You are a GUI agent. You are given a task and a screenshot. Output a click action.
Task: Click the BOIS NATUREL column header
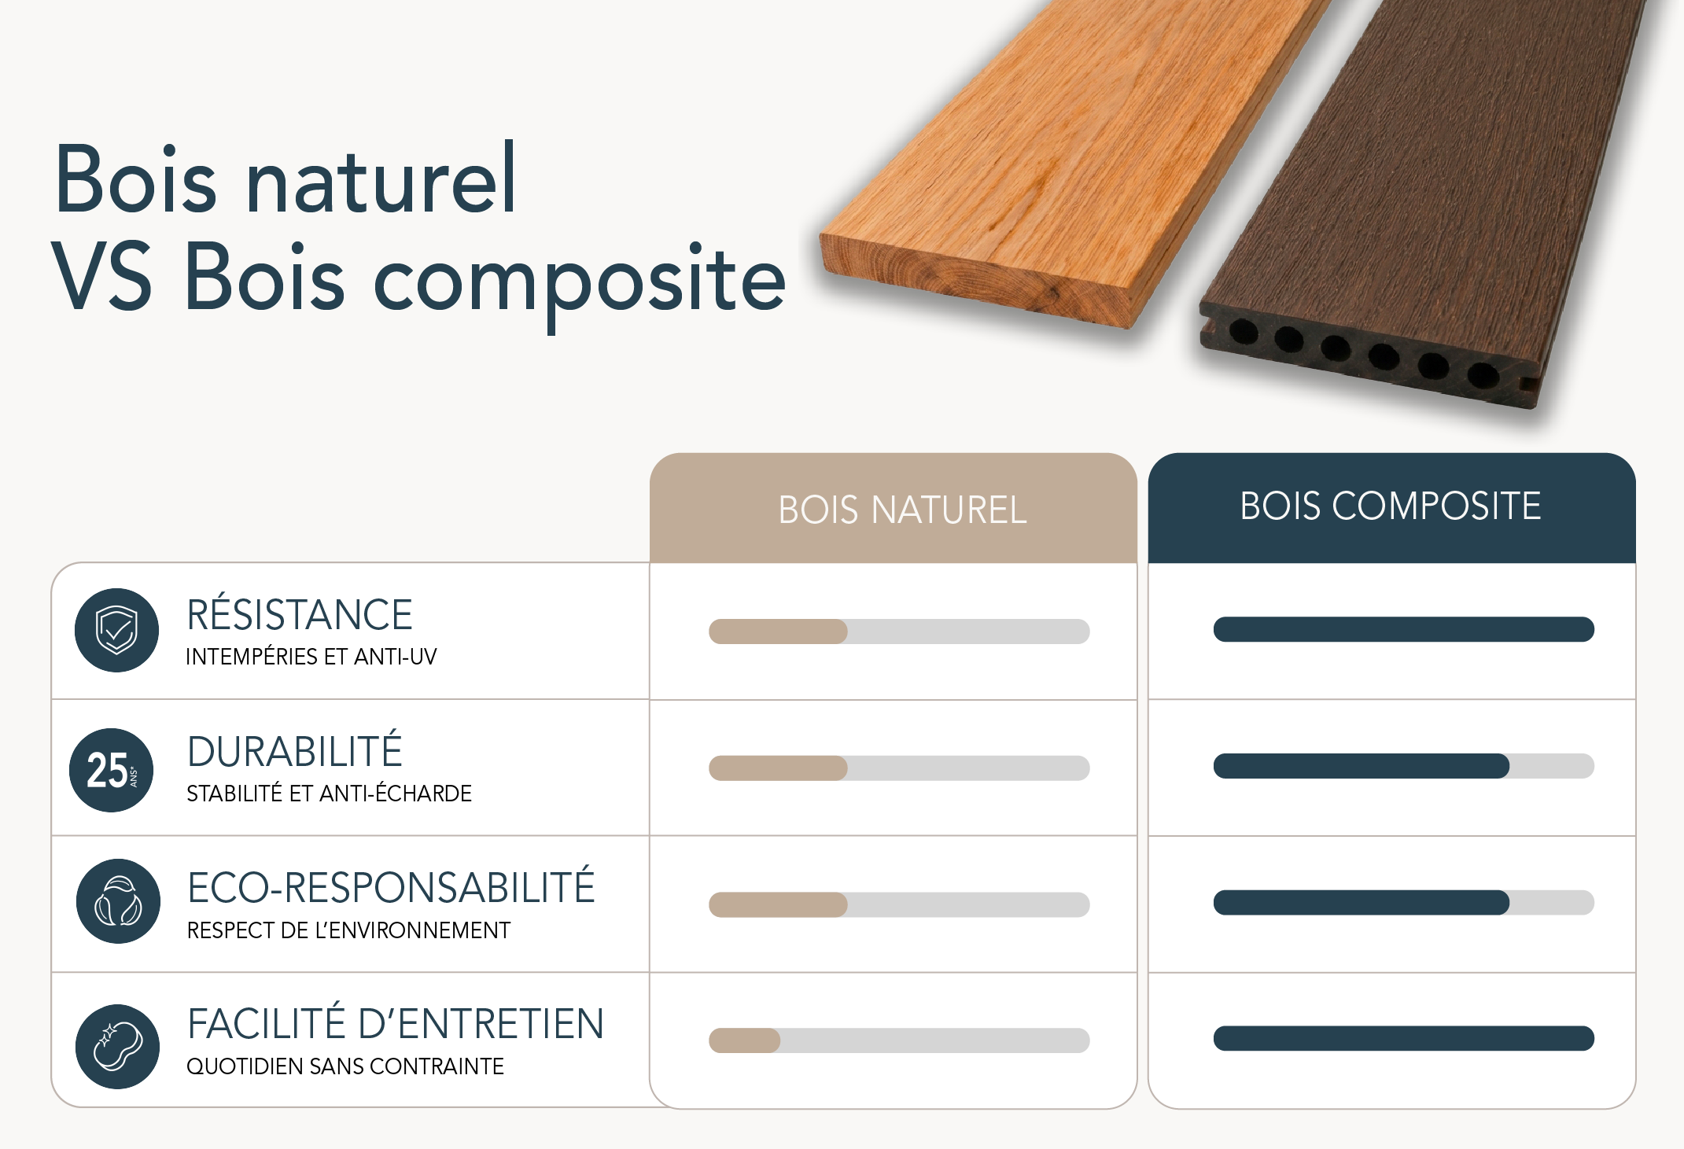901,510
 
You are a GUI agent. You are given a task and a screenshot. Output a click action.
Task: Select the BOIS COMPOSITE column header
1390,506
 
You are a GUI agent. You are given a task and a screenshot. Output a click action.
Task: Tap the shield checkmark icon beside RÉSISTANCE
116,630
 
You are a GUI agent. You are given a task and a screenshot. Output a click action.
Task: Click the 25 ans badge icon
112,770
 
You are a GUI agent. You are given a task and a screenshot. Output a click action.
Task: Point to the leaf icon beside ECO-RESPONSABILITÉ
118,901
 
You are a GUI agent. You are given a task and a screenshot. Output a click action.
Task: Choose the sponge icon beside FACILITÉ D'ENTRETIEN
118,1046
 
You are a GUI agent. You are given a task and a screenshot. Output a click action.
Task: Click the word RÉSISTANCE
300,615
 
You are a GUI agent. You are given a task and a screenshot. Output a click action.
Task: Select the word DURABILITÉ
295,752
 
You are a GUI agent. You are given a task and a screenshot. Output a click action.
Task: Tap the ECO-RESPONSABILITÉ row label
391,888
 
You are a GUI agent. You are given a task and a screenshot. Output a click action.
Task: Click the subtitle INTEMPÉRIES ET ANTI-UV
311,657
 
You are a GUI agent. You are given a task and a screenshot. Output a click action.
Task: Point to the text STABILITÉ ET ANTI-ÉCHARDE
329,794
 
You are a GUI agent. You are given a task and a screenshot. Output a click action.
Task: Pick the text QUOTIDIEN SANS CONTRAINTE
345,1066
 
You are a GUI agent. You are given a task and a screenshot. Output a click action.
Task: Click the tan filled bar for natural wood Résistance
778,632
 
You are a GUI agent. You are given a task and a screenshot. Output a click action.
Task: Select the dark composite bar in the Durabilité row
1361,766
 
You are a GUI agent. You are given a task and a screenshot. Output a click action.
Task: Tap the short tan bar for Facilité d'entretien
744,1040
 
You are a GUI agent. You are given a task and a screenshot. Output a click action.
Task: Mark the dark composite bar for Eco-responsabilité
1361,903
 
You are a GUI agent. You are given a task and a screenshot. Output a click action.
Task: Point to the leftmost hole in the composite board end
1243,332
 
